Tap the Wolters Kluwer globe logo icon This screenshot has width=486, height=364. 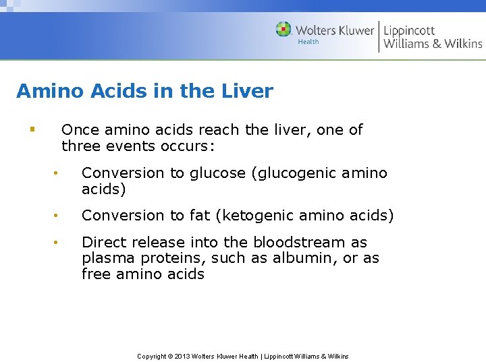[283, 30]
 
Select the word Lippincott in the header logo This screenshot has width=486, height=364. [409, 30]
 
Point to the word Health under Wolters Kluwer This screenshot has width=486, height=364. [308, 42]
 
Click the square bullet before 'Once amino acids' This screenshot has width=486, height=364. [31, 129]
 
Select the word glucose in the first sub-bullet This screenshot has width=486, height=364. [218, 173]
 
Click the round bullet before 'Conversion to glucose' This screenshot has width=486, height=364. [58, 174]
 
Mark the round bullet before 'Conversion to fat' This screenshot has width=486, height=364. [58, 216]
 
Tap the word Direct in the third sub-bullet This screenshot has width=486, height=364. [103, 242]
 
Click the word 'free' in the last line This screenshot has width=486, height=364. [96, 274]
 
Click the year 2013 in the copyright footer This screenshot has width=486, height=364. [182, 356]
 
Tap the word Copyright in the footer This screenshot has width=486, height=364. [152, 356]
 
